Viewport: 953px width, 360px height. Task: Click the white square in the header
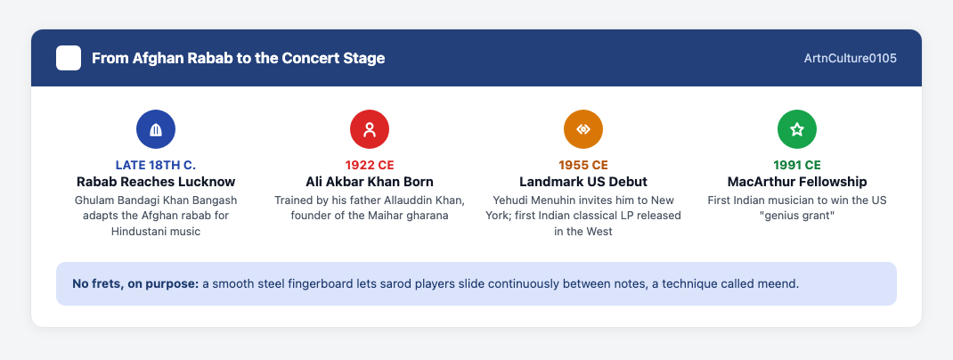coord(69,59)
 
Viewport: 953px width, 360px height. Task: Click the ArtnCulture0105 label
coord(850,59)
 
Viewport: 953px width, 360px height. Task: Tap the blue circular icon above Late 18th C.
coord(156,129)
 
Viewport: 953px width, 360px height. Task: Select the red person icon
coord(370,129)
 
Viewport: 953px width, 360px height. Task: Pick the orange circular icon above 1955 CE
coord(583,129)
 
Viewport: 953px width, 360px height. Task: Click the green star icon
coord(797,129)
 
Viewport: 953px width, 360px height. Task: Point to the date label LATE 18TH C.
coord(156,166)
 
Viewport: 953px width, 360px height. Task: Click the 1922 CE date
coord(370,166)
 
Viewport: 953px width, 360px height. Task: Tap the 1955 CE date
coord(583,166)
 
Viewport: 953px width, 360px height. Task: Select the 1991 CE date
coord(797,166)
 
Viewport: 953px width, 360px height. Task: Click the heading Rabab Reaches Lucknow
coord(156,182)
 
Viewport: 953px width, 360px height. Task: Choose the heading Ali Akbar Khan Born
coord(370,182)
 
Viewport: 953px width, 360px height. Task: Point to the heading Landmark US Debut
coord(583,182)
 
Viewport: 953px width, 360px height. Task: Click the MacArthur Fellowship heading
coord(797,182)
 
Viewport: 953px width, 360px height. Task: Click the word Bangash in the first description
coord(217,200)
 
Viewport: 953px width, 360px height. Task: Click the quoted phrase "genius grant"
coord(797,216)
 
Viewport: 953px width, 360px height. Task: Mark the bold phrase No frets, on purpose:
coord(135,284)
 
